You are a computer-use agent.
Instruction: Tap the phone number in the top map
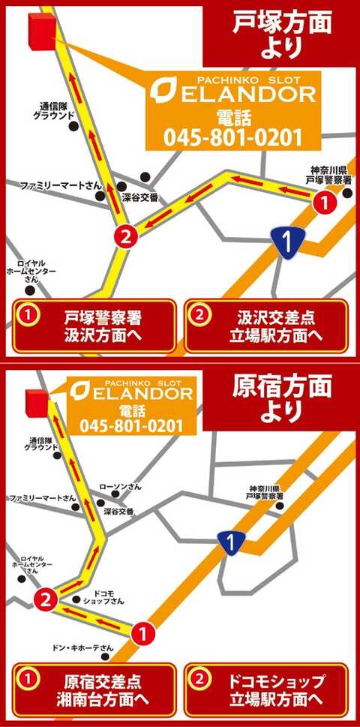coord(232,138)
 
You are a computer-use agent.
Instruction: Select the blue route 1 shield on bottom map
coord(233,539)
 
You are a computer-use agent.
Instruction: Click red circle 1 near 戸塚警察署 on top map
coord(322,202)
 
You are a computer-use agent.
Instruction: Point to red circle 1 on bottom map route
coord(143,635)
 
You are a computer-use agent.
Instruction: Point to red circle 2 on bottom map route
coord(46,599)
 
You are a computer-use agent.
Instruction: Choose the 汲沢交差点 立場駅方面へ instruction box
coord(266,326)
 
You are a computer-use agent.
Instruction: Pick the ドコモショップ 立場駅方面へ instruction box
coord(266,690)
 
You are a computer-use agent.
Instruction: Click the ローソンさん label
coord(120,487)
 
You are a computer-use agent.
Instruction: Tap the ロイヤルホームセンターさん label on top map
coord(31,271)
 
